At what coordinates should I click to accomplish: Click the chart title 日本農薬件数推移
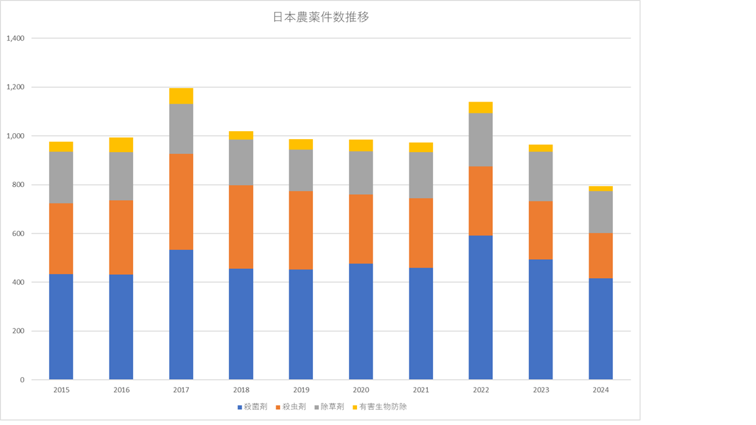click(x=320, y=18)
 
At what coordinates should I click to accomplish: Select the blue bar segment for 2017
click(x=181, y=315)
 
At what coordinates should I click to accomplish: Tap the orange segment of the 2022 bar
click(x=480, y=201)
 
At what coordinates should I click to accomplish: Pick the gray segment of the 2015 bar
click(x=61, y=177)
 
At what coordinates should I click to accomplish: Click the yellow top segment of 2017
click(x=181, y=96)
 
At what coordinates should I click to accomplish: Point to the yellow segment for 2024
click(x=600, y=189)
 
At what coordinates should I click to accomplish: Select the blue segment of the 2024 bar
click(x=600, y=328)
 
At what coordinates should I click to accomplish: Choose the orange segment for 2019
click(x=301, y=230)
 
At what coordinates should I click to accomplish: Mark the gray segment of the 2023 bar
click(x=540, y=176)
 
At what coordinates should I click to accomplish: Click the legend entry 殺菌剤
click(x=252, y=407)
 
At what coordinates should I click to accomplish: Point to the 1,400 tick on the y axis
click(x=15, y=39)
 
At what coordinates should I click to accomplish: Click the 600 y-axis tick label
click(x=18, y=233)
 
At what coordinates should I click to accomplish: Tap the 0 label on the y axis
click(x=22, y=380)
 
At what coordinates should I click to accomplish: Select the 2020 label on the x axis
click(x=361, y=390)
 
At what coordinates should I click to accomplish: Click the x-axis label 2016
click(x=121, y=390)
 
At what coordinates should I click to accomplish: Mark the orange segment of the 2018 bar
click(x=241, y=227)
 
